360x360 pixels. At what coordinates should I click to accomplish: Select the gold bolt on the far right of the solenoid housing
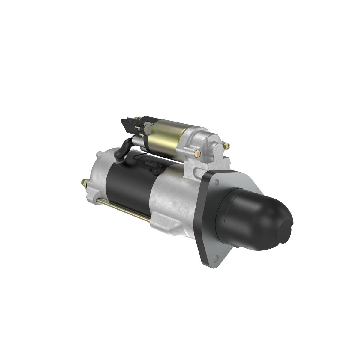227,146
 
